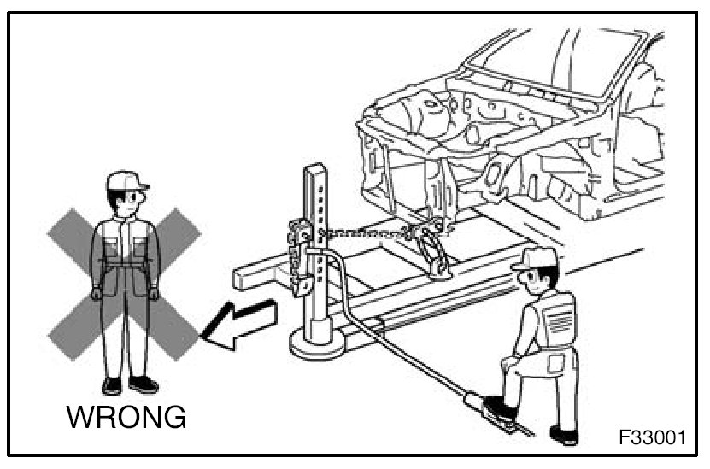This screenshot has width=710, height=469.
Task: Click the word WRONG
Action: [x=126, y=418]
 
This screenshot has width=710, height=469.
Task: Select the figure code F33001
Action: [x=652, y=438]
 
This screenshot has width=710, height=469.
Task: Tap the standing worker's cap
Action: [x=126, y=180]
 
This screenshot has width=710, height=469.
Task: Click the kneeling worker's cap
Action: [x=533, y=257]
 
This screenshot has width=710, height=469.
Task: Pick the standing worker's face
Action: [x=126, y=202]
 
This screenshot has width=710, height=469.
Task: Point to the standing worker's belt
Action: [x=125, y=268]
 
